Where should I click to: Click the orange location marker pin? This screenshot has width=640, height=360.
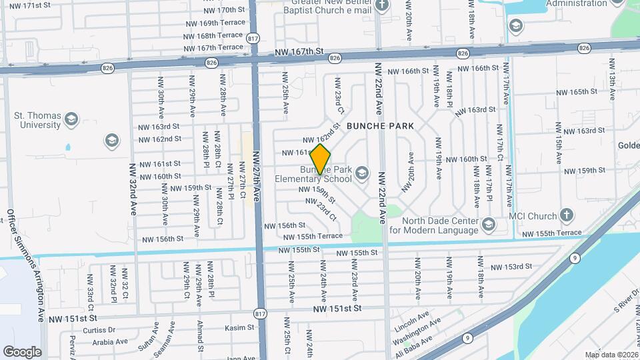coord(321,159)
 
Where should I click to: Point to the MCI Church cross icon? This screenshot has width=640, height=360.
coord(566,215)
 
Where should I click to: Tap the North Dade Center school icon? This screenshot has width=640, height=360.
coord(488,225)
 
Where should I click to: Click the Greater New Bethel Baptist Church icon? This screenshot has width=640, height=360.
coord(382,6)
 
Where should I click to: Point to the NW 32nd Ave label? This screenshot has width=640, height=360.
coord(133,189)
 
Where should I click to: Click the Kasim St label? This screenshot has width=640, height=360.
coord(235,328)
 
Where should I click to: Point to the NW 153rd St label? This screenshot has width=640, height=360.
coord(511,267)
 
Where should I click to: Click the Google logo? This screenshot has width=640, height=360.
coord(22,352)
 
